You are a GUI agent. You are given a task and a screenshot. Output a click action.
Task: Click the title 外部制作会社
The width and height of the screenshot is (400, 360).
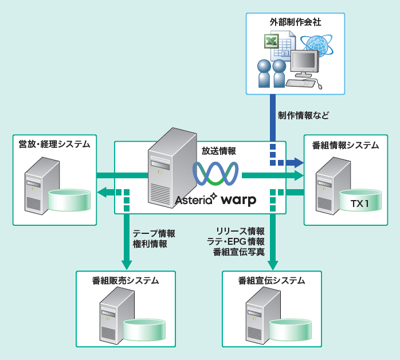pyautogui.click(x=295, y=22)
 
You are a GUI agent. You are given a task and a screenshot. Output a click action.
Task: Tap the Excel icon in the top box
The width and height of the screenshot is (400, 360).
pyautogui.click(x=270, y=42)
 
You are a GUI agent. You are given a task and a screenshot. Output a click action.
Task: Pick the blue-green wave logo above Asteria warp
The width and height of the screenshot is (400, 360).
pyautogui.click(x=215, y=174)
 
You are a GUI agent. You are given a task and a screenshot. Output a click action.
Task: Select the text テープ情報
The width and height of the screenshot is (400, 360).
pyautogui.click(x=154, y=233)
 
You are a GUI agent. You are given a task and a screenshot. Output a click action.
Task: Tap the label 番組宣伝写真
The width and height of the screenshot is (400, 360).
pyautogui.click(x=238, y=252)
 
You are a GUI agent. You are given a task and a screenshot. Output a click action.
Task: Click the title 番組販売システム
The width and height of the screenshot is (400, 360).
pyautogui.click(x=126, y=280)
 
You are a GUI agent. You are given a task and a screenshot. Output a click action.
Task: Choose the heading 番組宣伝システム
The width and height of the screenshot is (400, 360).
pyautogui.click(x=272, y=280)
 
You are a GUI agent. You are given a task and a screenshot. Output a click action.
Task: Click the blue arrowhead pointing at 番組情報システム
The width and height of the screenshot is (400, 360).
pyautogui.click(x=297, y=163)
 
